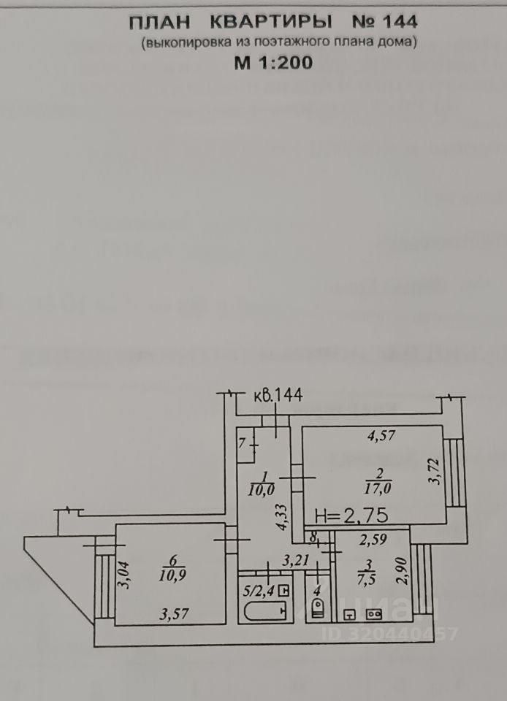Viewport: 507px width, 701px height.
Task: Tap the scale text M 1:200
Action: click(273, 63)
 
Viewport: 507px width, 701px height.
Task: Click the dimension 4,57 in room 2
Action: click(382, 437)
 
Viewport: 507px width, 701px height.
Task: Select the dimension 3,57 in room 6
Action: click(175, 614)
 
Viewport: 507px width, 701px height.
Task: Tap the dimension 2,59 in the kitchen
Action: click(374, 541)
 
